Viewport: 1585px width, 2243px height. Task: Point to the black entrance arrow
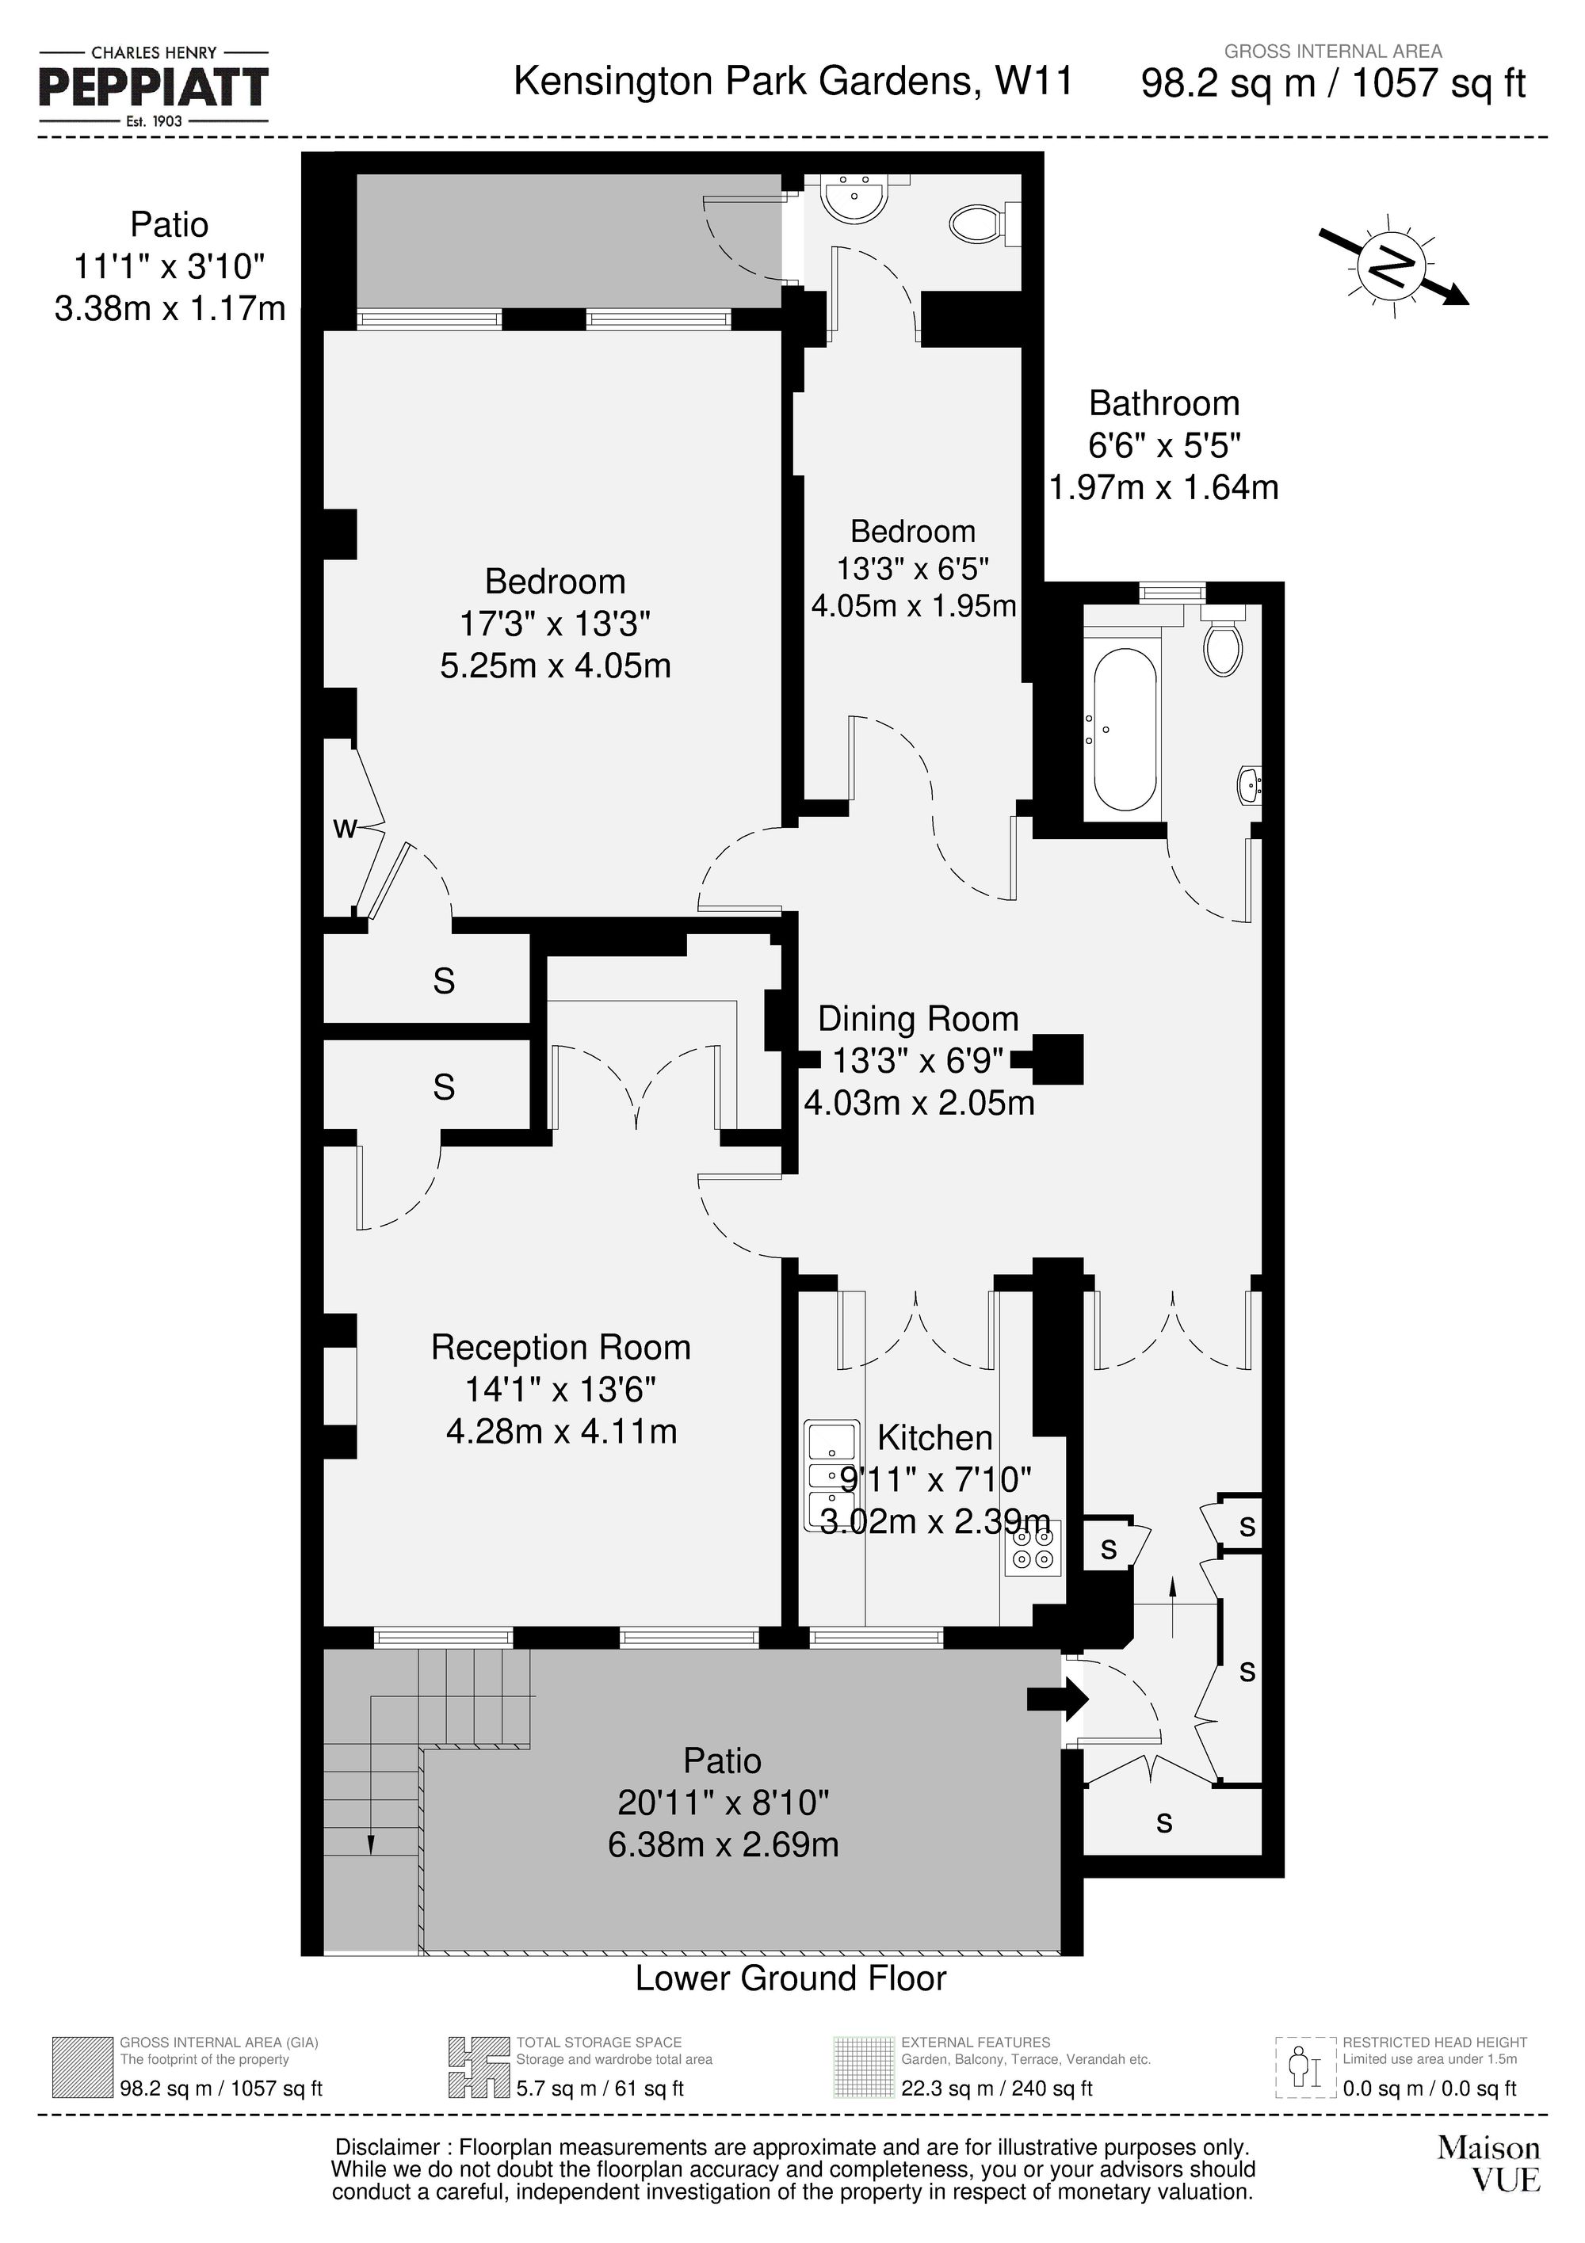[1056, 1699]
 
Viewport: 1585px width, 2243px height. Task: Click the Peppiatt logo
[154, 87]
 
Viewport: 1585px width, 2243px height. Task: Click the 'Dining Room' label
[918, 1018]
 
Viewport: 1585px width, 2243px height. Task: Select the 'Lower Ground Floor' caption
[791, 1978]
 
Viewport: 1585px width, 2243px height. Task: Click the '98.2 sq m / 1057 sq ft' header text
[1333, 84]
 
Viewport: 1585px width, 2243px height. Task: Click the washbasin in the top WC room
[855, 200]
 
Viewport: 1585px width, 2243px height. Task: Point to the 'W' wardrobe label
[344, 829]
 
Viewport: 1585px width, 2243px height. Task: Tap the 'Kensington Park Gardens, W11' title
[792, 81]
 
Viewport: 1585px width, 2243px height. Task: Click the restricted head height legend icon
[1304, 2068]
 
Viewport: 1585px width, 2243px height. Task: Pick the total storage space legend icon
[479, 2068]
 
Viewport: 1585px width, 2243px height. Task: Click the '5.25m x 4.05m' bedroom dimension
[555, 666]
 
